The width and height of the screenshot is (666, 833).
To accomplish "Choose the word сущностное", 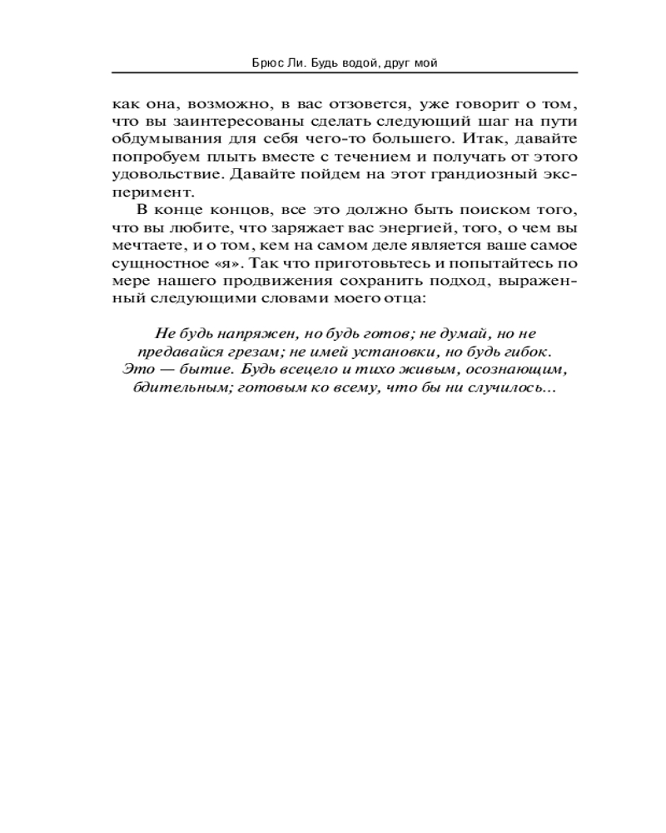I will coord(154,264).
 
